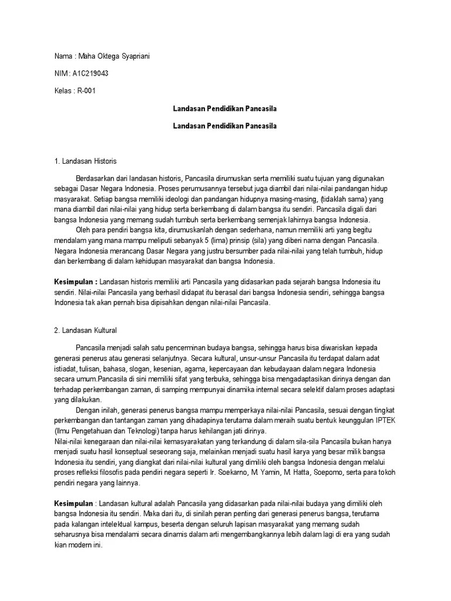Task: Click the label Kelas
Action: [62, 91]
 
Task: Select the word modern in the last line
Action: [86, 545]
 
